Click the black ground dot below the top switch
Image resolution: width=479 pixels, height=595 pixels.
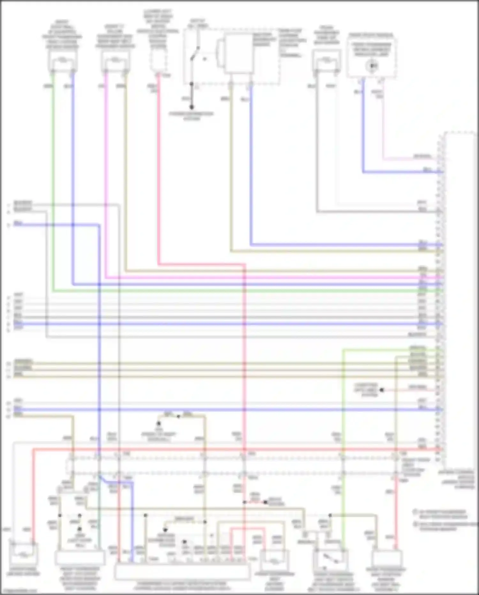(x=192, y=107)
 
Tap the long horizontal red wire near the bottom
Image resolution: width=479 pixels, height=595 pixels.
(x=224, y=450)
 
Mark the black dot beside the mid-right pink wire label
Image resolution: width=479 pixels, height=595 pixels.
(x=382, y=390)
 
